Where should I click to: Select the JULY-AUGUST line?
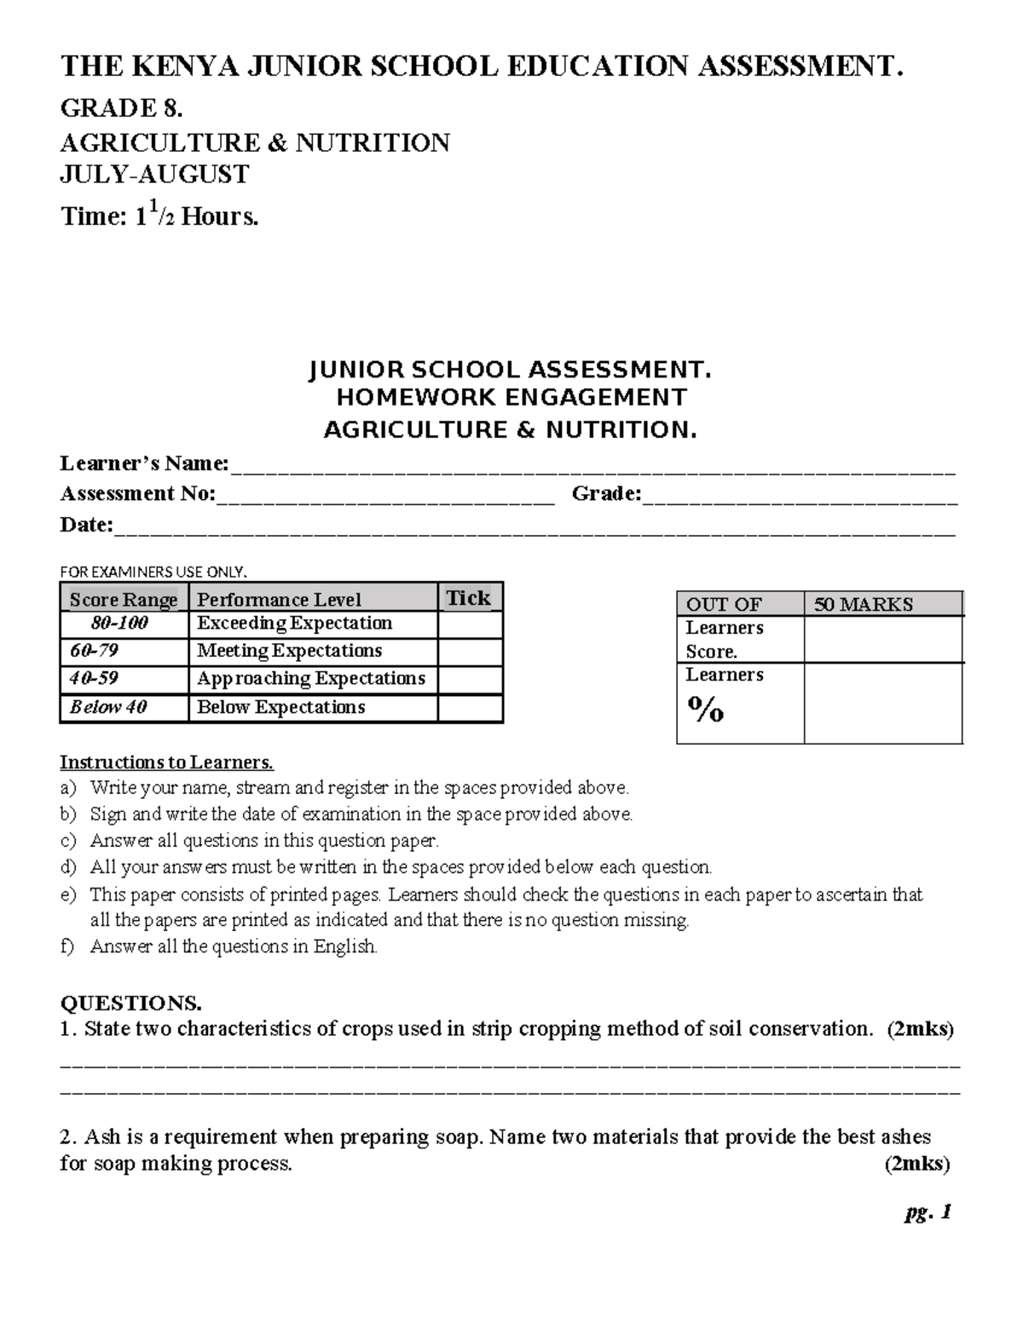(x=154, y=175)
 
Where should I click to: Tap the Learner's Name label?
(x=144, y=463)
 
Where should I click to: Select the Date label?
(x=86, y=525)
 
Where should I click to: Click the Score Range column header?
(x=124, y=600)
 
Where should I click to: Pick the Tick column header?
(x=469, y=598)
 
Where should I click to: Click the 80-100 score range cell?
(x=120, y=624)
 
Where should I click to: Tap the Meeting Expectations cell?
(x=290, y=651)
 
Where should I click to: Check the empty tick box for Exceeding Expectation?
(x=470, y=624)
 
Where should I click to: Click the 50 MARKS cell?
(x=863, y=605)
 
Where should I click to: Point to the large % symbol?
(x=706, y=709)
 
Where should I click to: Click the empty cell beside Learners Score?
(x=882, y=640)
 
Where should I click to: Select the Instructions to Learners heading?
(x=167, y=762)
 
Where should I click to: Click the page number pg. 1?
(x=928, y=1213)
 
